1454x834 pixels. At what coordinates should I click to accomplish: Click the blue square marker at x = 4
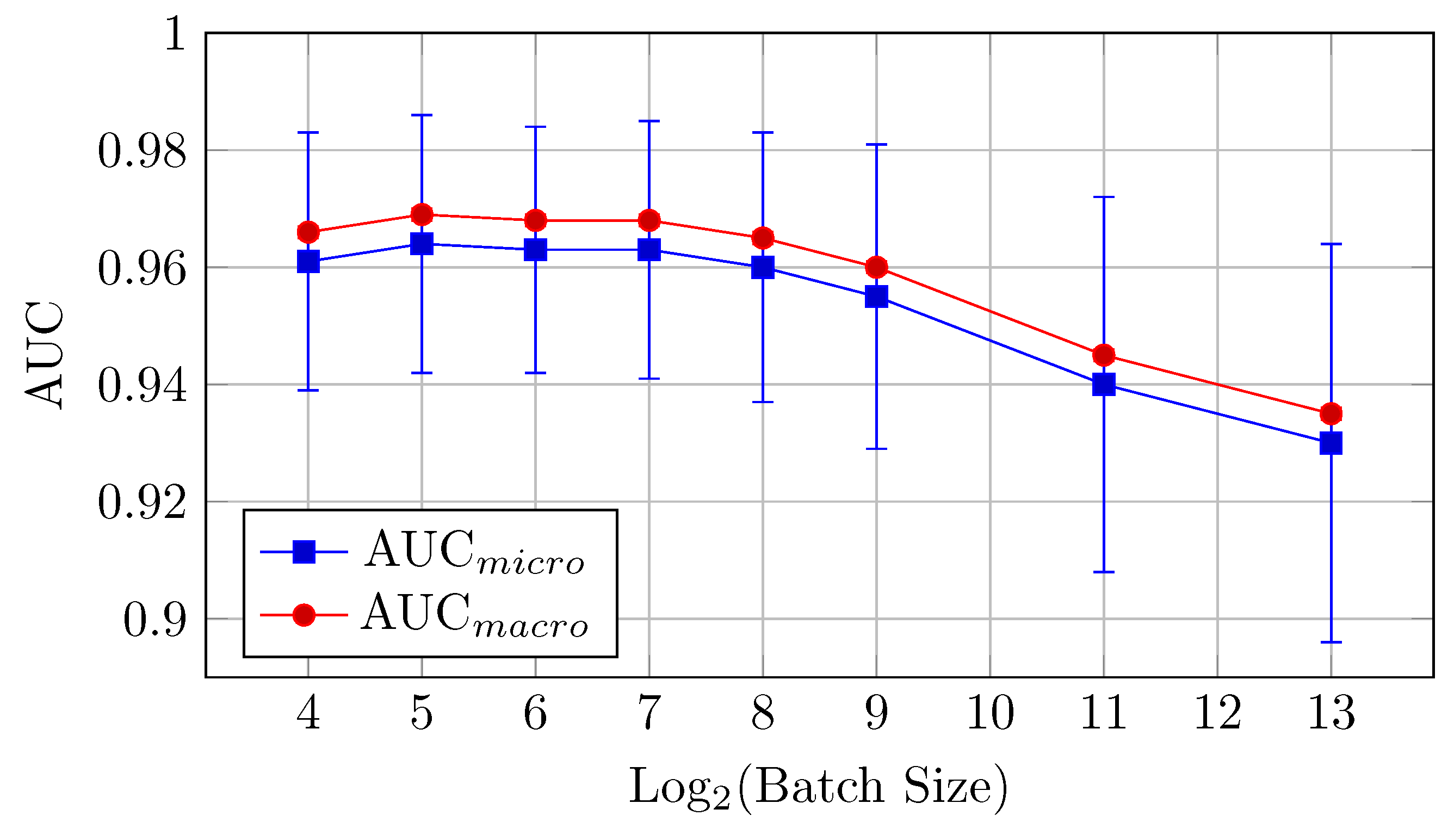pos(308,261)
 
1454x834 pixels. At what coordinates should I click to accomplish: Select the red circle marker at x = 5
pos(422,215)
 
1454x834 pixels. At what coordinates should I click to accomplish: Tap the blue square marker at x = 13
pos(1331,443)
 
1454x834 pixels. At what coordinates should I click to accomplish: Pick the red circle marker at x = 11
pos(1103,355)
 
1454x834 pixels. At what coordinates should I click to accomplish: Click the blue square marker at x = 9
pos(876,296)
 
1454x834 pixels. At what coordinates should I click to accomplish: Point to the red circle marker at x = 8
pos(762,238)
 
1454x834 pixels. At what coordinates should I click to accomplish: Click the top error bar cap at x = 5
pos(422,115)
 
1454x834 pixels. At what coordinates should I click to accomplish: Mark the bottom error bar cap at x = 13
pos(1331,642)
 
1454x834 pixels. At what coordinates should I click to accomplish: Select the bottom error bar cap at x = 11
pos(1103,572)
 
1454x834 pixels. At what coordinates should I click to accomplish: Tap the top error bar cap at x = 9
pos(876,144)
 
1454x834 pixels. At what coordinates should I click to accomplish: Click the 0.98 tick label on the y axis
pos(142,152)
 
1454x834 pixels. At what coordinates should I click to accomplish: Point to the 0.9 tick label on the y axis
pos(154,620)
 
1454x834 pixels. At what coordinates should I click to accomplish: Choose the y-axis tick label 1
pos(174,34)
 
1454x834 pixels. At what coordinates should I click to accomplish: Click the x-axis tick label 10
pos(989,713)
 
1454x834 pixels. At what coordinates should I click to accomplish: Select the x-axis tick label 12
pos(1217,713)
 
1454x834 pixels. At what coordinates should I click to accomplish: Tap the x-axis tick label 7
pos(649,713)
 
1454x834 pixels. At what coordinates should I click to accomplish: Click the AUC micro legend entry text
pos(474,552)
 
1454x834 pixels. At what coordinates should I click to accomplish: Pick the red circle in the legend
pos(304,615)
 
